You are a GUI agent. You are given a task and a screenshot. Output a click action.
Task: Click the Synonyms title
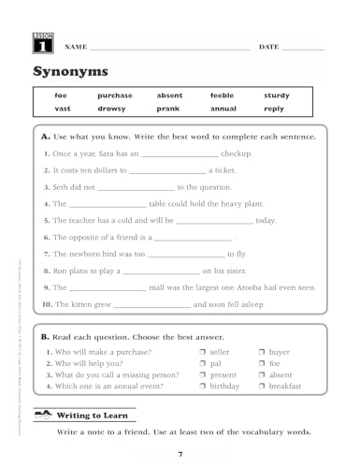coord(70,72)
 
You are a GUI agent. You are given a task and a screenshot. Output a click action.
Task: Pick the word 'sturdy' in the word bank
coord(276,95)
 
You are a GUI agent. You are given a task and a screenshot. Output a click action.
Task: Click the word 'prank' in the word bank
coord(168,109)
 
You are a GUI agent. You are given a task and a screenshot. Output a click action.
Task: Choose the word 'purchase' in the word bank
coord(115,95)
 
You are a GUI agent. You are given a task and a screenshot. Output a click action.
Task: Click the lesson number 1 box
coord(43,43)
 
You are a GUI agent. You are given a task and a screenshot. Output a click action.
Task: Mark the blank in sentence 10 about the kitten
coord(152,305)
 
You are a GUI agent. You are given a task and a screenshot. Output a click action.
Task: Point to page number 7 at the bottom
coord(180,454)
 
